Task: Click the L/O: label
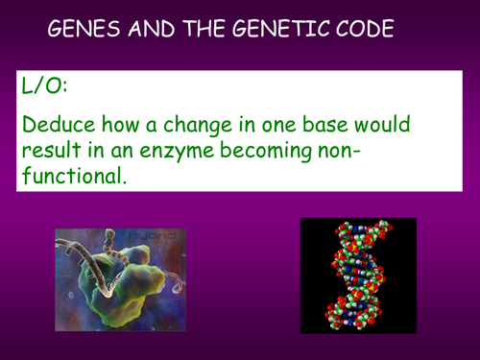click(x=44, y=85)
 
